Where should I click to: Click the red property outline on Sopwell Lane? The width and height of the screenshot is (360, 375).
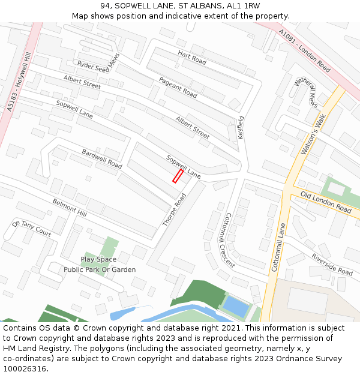click(178, 176)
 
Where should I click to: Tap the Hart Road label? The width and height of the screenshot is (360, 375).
click(191, 58)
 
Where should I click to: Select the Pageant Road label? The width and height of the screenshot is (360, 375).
click(178, 88)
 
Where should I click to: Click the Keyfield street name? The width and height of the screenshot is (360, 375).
click(241, 128)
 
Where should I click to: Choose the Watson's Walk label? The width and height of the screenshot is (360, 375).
click(313, 135)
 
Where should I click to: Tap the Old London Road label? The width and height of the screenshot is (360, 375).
click(326, 203)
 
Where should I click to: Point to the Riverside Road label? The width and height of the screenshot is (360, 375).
click(332, 264)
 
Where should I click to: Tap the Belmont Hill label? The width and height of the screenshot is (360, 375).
click(70, 208)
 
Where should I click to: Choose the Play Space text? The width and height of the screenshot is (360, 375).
click(98, 259)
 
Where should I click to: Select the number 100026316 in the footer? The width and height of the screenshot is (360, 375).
click(25, 368)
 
